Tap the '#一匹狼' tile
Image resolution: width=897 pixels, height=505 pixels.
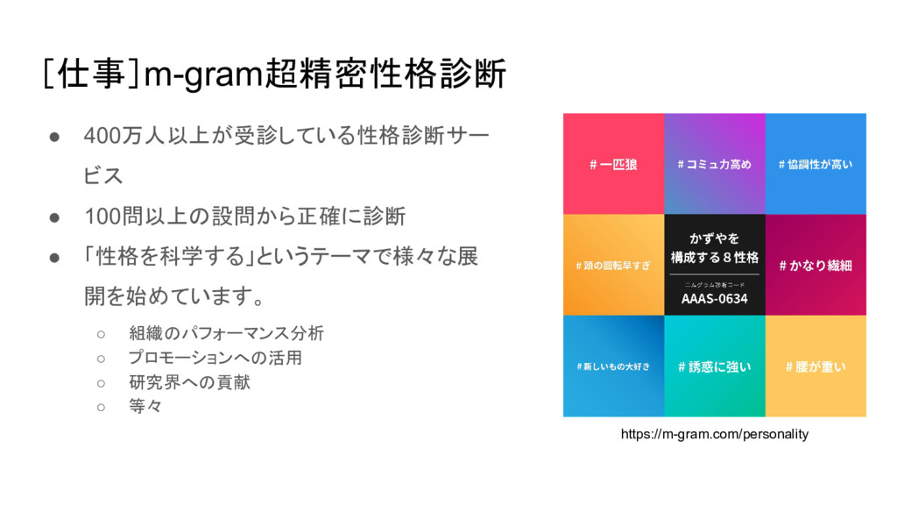(x=613, y=164)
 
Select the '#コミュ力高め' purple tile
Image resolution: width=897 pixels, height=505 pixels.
(x=714, y=164)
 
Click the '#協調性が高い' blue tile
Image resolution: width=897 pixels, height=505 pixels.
(x=816, y=164)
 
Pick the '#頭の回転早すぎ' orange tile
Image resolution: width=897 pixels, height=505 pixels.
(x=613, y=265)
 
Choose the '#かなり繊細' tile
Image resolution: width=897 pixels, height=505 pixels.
(x=816, y=265)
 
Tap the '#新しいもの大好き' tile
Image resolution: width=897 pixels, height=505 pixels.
(x=613, y=366)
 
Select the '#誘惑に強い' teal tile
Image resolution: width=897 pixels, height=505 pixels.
(x=714, y=366)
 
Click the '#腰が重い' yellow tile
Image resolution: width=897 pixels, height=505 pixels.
(x=816, y=366)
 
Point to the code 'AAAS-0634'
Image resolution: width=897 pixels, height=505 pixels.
(x=714, y=299)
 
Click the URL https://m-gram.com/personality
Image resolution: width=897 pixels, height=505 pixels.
(x=714, y=434)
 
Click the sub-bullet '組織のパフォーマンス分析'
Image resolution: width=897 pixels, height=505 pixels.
(x=226, y=333)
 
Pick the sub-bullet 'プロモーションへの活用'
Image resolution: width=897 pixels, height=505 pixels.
(x=215, y=358)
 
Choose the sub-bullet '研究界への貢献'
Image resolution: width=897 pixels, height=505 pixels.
(x=189, y=382)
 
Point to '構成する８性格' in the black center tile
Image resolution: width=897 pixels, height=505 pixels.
(x=714, y=258)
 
